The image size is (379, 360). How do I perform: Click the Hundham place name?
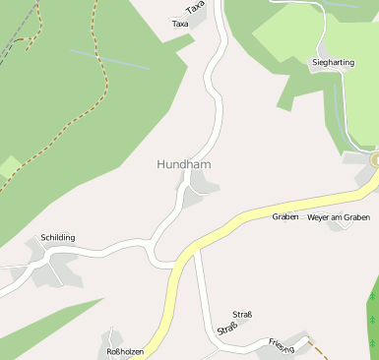[183, 165]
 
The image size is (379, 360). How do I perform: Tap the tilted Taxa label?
[196, 8]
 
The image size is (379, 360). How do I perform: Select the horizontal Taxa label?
[180, 24]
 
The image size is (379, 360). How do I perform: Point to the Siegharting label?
[333, 62]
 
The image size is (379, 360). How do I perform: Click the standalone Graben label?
[285, 216]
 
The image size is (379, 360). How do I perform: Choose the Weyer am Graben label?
[339, 216]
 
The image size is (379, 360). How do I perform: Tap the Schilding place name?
[58, 238]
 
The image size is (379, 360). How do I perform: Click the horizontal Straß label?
[242, 315]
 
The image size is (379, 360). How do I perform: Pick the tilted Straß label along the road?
[227, 330]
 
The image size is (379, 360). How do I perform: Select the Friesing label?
[282, 345]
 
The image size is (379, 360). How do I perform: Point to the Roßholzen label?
[125, 351]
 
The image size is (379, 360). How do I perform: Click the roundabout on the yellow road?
[375, 158]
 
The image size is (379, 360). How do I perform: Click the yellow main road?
[246, 217]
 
